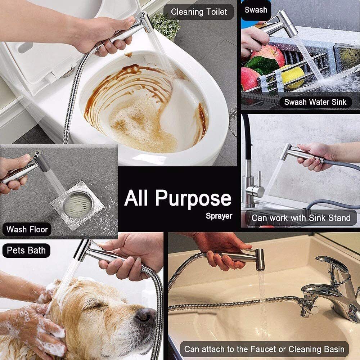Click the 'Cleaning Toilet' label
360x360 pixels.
coord(199,12)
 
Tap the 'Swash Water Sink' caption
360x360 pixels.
coord(315,102)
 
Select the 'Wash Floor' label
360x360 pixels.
coord(27,229)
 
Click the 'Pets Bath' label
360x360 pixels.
coord(26,250)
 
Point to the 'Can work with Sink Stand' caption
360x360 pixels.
coord(301,218)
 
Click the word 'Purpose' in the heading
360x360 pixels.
coord(194,198)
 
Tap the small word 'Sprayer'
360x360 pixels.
coord(219,216)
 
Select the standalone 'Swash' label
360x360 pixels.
coord(256,10)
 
